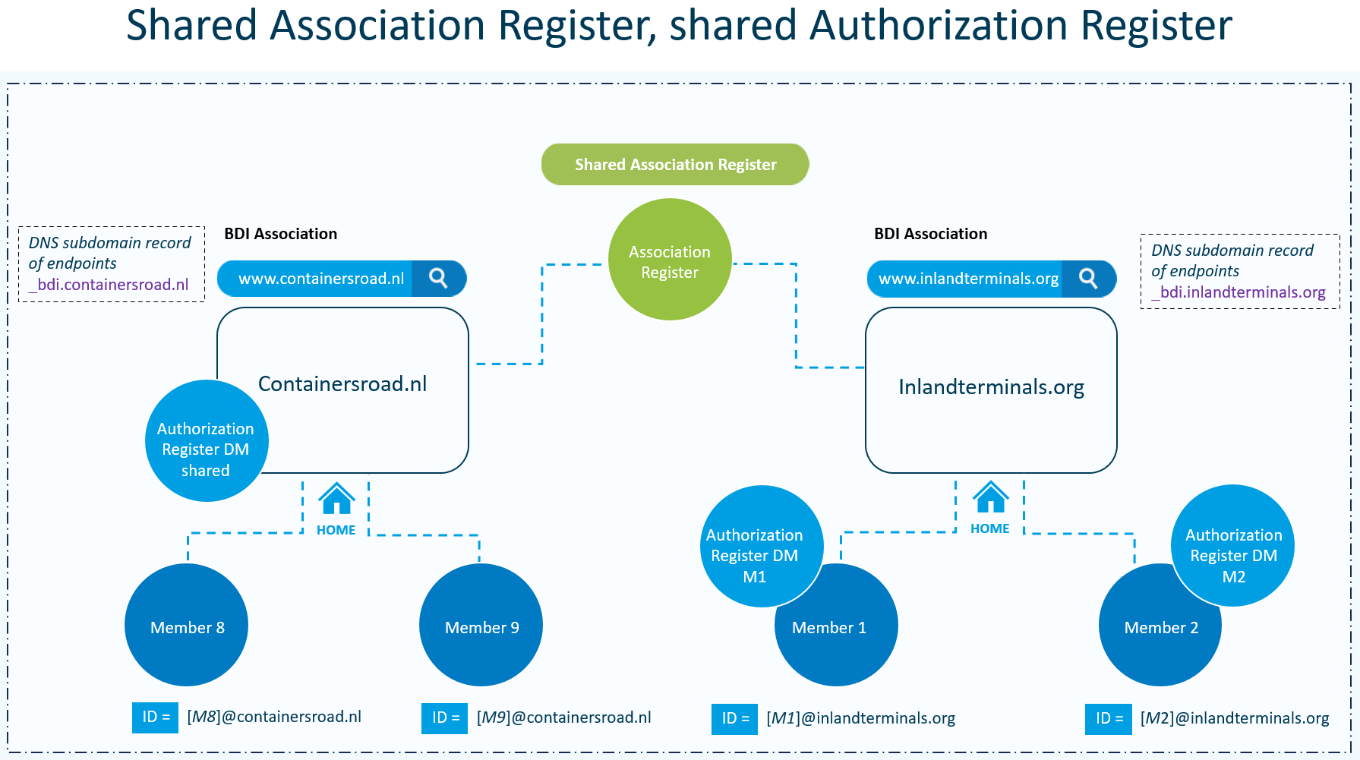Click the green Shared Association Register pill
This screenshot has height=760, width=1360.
tap(675, 165)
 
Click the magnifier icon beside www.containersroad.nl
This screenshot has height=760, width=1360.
tap(438, 279)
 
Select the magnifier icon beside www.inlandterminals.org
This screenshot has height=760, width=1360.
tap(1088, 279)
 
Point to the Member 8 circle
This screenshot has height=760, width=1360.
tap(187, 626)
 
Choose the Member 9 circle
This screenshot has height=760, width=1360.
tap(481, 626)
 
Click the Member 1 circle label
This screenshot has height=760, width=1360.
tap(829, 628)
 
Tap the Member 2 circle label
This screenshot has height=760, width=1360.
tap(1161, 628)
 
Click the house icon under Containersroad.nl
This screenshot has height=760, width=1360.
tap(336, 499)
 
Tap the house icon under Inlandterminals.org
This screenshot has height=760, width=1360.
tap(991, 498)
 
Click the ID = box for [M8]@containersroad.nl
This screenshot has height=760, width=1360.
tap(155, 717)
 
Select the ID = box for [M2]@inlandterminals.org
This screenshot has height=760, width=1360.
tap(1108, 718)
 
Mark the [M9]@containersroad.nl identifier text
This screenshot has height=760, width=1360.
tap(563, 717)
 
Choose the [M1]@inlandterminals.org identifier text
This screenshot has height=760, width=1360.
tap(860, 718)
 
